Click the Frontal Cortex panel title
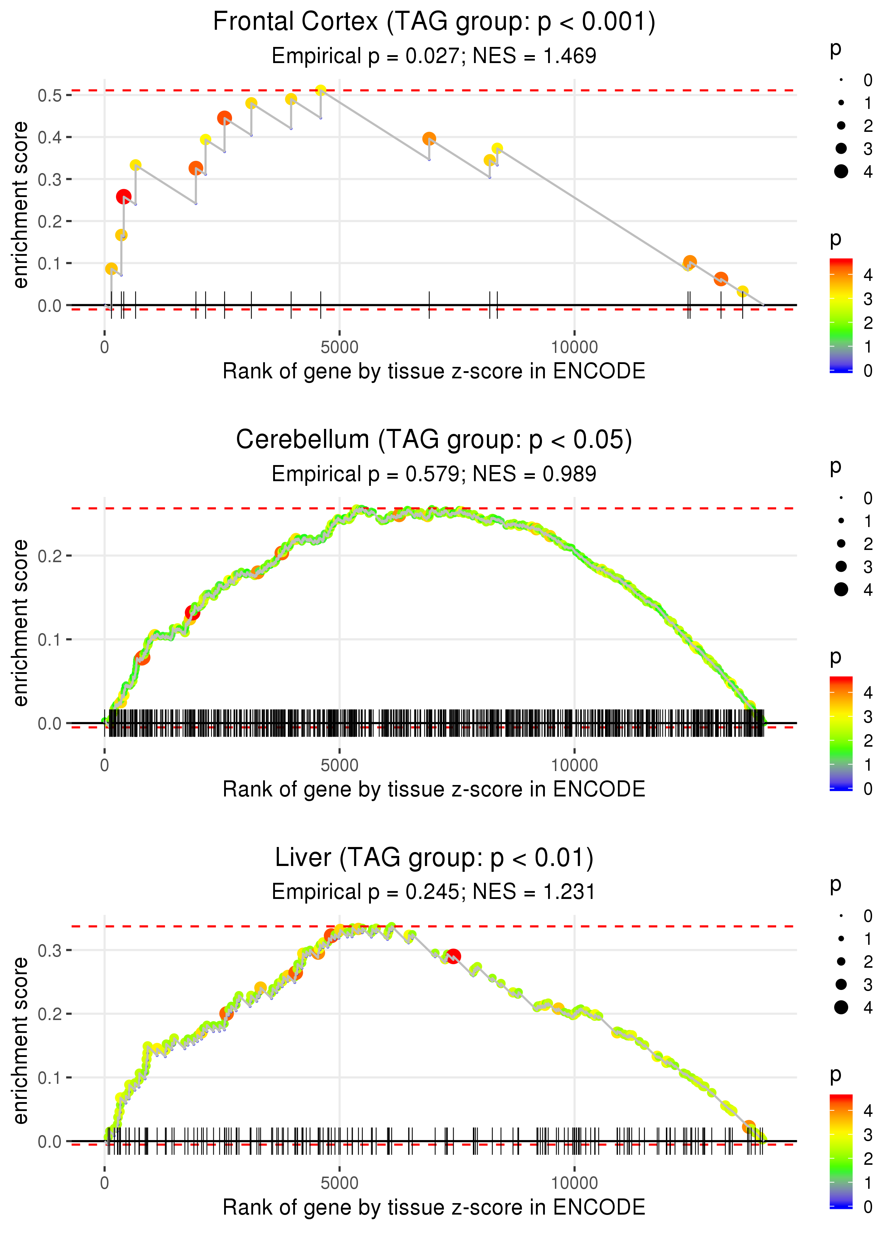pyautogui.click(x=434, y=22)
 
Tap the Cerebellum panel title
pyautogui.click(x=434, y=440)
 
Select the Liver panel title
pyautogui.click(x=434, y=858)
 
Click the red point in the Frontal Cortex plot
pyautogui.click(x=124, y=197)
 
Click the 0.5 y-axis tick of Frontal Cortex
pyautogui.click(x=50, y=95)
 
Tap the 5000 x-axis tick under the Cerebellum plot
pyautogui.click(x=339, y=765)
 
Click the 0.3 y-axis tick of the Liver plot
pyautogui.click(x=50, y=950)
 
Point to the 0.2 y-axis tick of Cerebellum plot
pyautogui.click(x=50, y=556)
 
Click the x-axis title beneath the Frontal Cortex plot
pyautogui.click(x=434, y=372)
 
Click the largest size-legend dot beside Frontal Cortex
pyautogui.click(x=841, y=172)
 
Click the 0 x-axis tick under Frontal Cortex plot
pyautogui.click(x=105, y=348)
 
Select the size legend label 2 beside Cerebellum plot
pyautogui.click(x=868, y=544)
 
